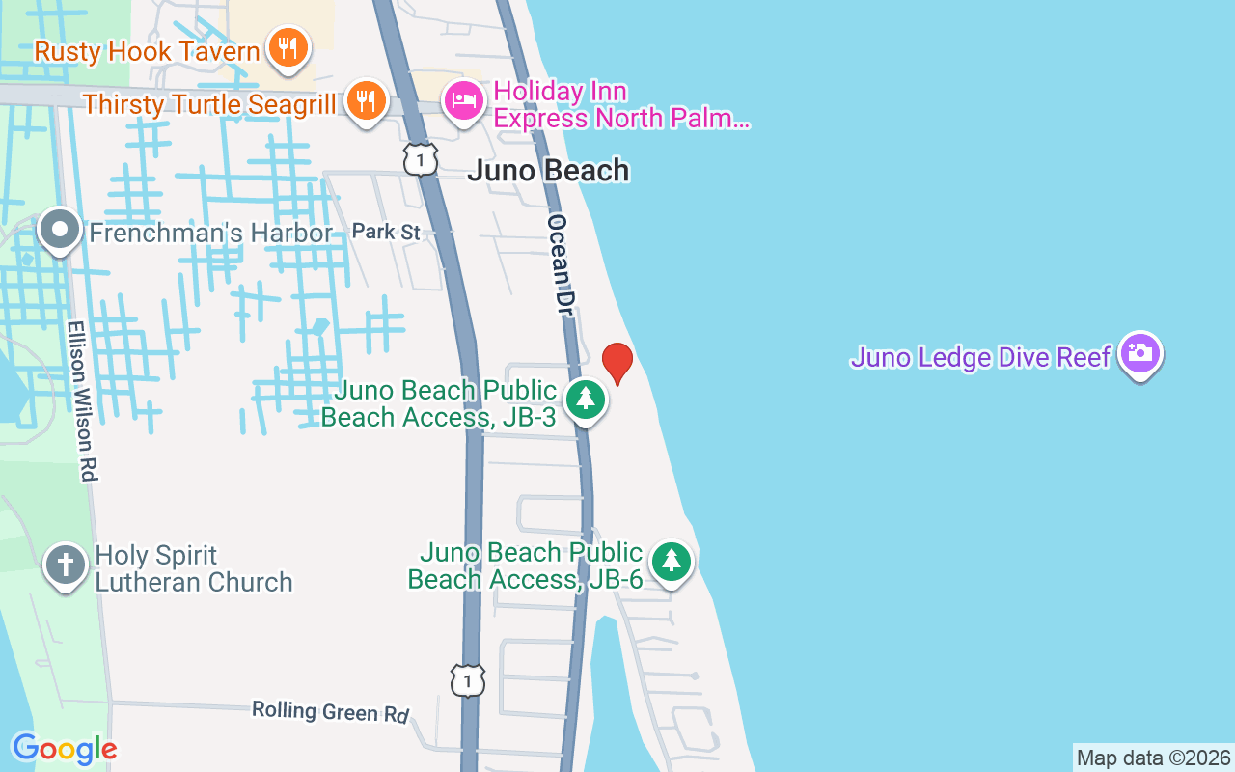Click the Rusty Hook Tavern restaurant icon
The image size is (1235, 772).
[287, 46]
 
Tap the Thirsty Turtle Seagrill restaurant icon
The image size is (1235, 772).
[365, 98]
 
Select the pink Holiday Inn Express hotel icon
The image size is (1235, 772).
[464, 100]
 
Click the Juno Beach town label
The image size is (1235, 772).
[548, 171]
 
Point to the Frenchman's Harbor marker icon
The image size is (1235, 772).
[61, 231]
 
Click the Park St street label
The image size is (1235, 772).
[386, 232]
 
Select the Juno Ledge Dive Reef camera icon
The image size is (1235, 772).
[1140, 354]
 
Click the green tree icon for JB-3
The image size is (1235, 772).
[585, 399]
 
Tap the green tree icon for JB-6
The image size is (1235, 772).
[672, 561]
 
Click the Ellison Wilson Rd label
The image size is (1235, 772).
[83, 400]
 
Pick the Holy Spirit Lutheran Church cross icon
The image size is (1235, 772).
[65, 565]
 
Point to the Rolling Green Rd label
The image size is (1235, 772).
[330, 711]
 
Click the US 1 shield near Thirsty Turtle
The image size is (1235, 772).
[421, 159]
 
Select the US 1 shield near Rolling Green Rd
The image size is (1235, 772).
[468, 680]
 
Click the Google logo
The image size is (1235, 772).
[65, 749]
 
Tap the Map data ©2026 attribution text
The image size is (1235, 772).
[1153, 758]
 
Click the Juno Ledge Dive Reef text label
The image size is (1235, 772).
[980, 358]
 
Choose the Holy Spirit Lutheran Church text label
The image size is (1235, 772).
[193, 568]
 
